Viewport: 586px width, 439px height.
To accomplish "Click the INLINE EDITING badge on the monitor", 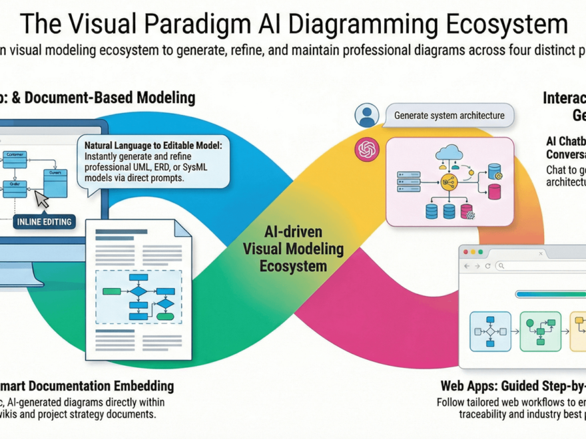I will click(45, 221).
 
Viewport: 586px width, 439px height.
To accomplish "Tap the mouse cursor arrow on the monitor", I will click(43, 199).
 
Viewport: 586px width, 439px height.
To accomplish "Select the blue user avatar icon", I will click(366, 116).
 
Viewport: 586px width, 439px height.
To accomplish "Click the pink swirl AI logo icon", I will click(366, 150).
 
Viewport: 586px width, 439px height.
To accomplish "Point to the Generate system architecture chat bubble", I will click(449, 115).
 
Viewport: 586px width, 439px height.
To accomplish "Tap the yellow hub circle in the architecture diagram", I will click(448, 182).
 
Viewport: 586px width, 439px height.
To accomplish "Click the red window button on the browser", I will click(465, 252).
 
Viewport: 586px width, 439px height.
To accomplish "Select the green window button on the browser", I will click(481, 252).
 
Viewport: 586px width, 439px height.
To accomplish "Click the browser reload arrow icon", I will click(488, 266).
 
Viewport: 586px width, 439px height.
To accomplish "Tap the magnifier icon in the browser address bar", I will click(501, 266).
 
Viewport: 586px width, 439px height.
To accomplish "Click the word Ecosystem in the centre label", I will click(294, 266).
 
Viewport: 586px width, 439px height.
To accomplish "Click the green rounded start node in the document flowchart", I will click(112, 291).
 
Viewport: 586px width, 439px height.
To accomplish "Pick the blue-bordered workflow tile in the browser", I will click(490, 331).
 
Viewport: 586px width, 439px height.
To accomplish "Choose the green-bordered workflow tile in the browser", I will click(540, 331).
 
